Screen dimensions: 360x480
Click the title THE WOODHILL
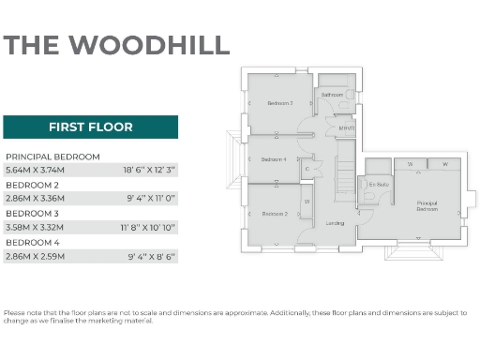click(116, 44)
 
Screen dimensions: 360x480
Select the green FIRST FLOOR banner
click(90, 127)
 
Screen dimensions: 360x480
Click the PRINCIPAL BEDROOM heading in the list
click(52, 157)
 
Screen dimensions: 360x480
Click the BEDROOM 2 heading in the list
click(33, 186)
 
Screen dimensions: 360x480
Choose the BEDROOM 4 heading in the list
click(33, 242)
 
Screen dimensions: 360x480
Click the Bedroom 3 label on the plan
click(279, 103)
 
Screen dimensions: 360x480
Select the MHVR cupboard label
click(346, 128)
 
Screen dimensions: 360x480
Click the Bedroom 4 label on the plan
click(274, 159)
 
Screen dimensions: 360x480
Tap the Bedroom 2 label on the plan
click(274, 214)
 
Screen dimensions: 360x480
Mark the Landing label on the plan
click(334, 223)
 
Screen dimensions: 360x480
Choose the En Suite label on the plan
click(378, 186)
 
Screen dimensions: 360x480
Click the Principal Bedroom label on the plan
click(427, 206)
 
